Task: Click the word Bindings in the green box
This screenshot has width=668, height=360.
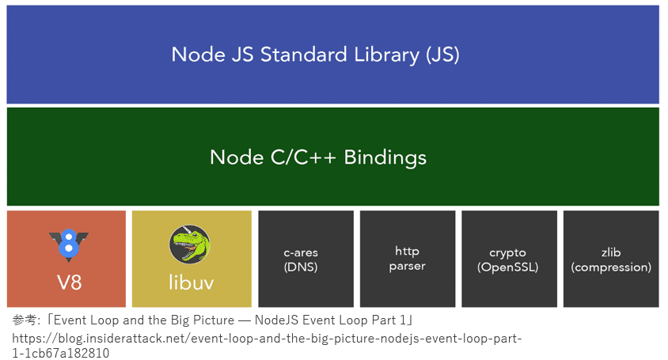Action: point(382,157)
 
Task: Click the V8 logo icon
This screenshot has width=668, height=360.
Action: point(68,244)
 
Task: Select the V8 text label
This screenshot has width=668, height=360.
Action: point(69,282)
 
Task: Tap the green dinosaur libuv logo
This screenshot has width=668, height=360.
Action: point(190,245)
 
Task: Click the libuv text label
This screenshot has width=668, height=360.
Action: point(191,282)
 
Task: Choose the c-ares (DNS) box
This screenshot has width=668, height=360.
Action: point(306,259)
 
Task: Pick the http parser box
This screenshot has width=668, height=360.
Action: point(408,259)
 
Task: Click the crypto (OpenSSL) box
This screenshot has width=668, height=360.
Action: point(509,259)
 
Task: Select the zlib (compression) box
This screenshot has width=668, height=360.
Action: point(610,259)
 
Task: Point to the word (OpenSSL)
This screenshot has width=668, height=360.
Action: point(507,267)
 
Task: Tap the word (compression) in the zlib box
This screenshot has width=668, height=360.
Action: point(611,267)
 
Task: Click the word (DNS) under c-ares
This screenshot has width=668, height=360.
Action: point(301,267)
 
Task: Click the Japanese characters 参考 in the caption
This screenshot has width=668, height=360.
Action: point(23,320)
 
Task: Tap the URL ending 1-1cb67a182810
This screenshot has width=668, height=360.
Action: point(60,353)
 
